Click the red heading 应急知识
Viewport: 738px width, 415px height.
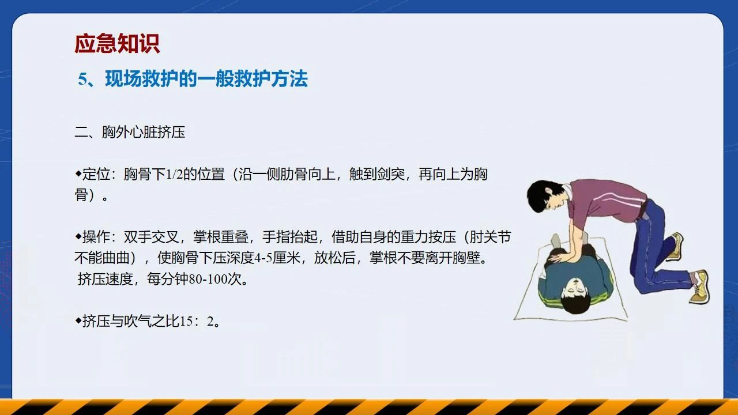coord(117,43)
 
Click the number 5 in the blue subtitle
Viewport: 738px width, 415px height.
coord(82,80)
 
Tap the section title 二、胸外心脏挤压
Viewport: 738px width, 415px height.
coord(130,133)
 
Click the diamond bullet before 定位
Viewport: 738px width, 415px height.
coord(78,173)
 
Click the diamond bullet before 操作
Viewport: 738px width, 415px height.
coord(78,236)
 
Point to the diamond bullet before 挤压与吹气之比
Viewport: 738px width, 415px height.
coord(78,320)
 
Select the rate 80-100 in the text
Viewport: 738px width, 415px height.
coord(208,280)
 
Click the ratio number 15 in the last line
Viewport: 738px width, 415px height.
coord(186,321)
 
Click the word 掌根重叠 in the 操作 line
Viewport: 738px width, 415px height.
coord(221,237)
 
